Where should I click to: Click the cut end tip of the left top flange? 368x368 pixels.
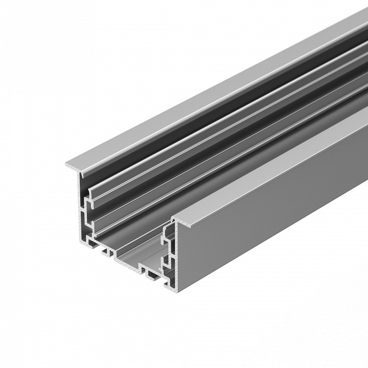point(67,166)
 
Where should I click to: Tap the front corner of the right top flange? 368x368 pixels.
point(174,220)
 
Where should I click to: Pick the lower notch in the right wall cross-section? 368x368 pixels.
point(166,264)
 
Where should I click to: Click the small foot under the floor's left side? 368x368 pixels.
point(107,251)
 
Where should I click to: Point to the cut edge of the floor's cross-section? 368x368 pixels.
point(128,261)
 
